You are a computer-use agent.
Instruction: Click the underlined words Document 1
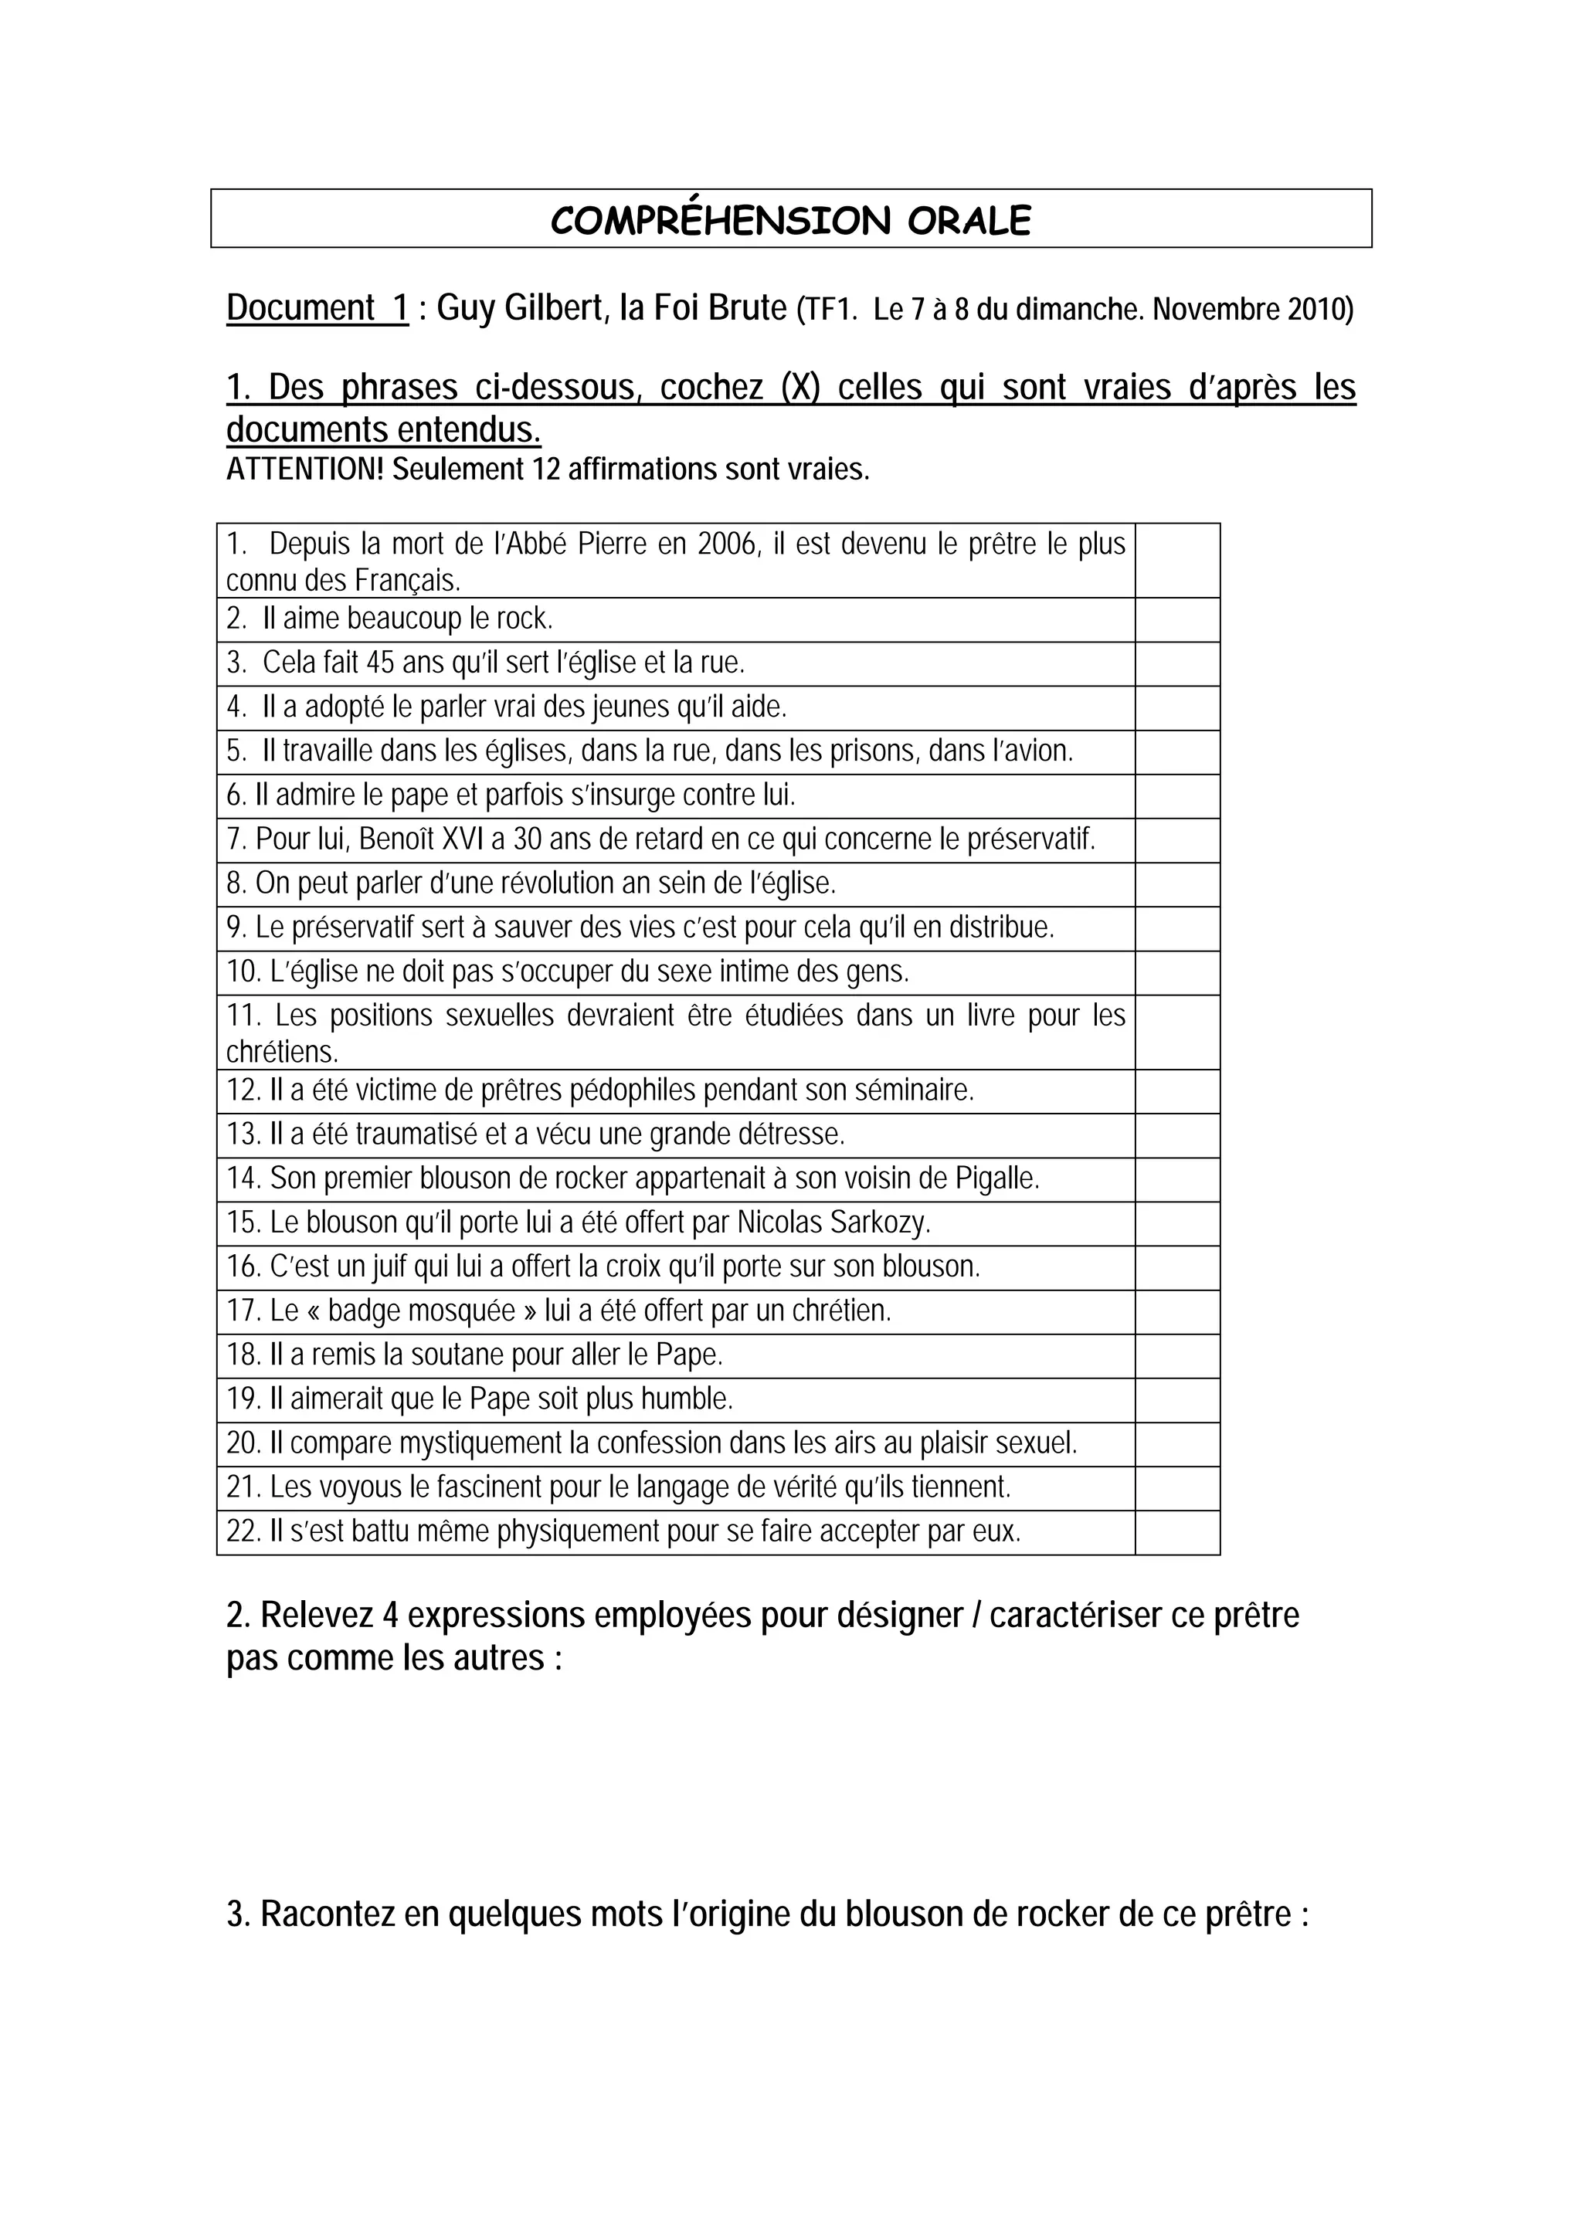pos(317,308)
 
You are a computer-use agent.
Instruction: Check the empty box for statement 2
pos(1176,620)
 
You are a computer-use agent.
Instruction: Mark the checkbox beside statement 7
pos(1176,840)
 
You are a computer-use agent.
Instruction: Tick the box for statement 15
pos(1176,1223)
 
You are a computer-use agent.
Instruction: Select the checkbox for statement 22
pos(1176,1532)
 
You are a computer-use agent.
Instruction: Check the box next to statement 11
pos(1176,1033)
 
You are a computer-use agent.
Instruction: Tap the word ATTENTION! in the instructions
pos(305,470)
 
